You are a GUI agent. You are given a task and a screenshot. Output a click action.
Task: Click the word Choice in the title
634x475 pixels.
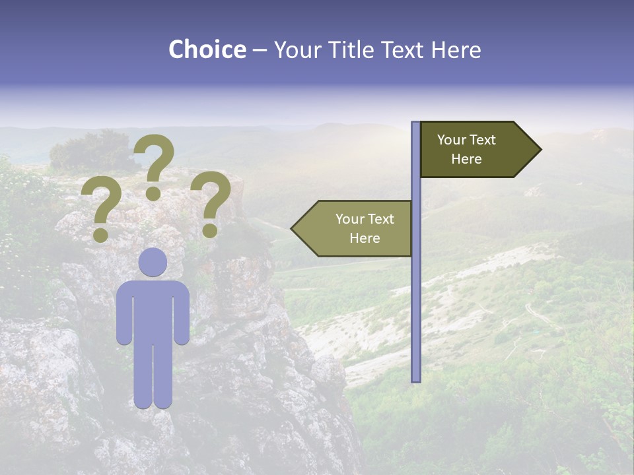(207, 49)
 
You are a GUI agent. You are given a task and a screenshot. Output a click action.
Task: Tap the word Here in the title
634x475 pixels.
(456, 49)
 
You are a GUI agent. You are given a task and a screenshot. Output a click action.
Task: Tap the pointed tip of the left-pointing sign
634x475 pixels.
(295, 229)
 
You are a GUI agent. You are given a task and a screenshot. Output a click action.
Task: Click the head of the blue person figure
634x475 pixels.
(153, 262)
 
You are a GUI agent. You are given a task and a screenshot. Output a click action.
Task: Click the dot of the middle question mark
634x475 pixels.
(153, 193)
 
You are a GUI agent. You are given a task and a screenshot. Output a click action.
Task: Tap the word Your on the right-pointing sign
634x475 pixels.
(452, 140)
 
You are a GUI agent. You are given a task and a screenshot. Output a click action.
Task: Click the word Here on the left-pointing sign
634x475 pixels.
(365, 238)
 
